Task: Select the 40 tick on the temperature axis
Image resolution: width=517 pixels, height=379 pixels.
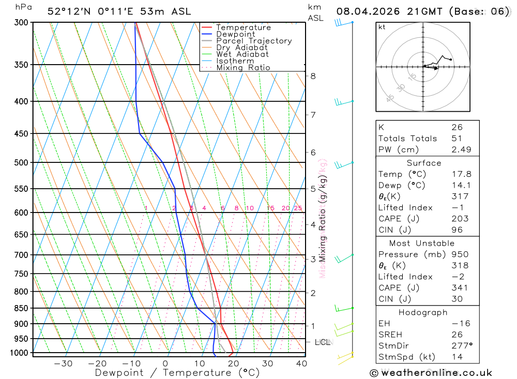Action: pos(301,363)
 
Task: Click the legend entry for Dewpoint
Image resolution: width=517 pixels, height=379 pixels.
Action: pos(236,34)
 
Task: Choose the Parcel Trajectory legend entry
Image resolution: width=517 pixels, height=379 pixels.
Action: pos(254,41)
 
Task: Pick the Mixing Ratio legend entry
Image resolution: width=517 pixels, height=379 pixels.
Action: pos(243,68)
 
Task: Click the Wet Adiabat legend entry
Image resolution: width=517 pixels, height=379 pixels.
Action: pos(242,54)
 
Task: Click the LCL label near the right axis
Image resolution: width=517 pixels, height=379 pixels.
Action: pos(323,342)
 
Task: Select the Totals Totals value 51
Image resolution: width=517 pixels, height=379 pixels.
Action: pos(457,138)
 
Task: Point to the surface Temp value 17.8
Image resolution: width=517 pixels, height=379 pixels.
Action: pos(461,174)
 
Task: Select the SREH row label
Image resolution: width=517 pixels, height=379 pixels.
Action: pos(390,335)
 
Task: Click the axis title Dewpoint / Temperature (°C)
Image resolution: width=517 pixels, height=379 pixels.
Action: pos(177,372)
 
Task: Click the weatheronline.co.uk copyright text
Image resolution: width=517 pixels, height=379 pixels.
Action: pos(431,373)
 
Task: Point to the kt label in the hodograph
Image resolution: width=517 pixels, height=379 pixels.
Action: pos(382,27)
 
